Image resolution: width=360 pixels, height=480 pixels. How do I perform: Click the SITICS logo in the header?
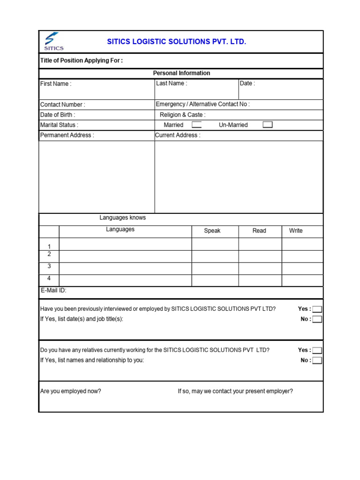[53, 41]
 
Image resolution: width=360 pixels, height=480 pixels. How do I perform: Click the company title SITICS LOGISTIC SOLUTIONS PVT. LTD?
[177, 42]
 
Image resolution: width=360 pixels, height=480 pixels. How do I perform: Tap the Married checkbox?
[197, 125]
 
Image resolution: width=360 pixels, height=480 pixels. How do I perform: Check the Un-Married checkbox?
[267, 125]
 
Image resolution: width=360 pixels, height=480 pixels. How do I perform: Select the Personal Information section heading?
[181, 73]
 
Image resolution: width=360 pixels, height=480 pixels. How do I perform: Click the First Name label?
[56, 84]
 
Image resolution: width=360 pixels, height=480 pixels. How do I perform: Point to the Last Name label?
[172, 83]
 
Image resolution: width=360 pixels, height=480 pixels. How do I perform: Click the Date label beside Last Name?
[247, 83]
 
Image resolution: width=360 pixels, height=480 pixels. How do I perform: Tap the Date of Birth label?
[58, 115]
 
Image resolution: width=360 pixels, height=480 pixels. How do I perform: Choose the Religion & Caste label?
[182, 115]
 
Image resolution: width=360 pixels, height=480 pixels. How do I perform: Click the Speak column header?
[212, 231]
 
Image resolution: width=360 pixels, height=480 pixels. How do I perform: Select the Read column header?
[259, 231]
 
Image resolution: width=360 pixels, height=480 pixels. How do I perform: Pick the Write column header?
[296, 231]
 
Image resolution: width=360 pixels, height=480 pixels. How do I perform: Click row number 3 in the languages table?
[49, 266]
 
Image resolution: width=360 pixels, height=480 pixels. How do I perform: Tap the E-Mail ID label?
[53, 291]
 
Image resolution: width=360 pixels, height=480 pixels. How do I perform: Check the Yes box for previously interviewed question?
[317, 309]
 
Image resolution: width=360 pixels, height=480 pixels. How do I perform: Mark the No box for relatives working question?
[317, 360]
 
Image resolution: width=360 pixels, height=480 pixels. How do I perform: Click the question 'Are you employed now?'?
[71, 391]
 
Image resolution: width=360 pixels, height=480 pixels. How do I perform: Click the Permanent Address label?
[67, 135]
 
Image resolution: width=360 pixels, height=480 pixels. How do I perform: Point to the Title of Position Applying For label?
[82, 60]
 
